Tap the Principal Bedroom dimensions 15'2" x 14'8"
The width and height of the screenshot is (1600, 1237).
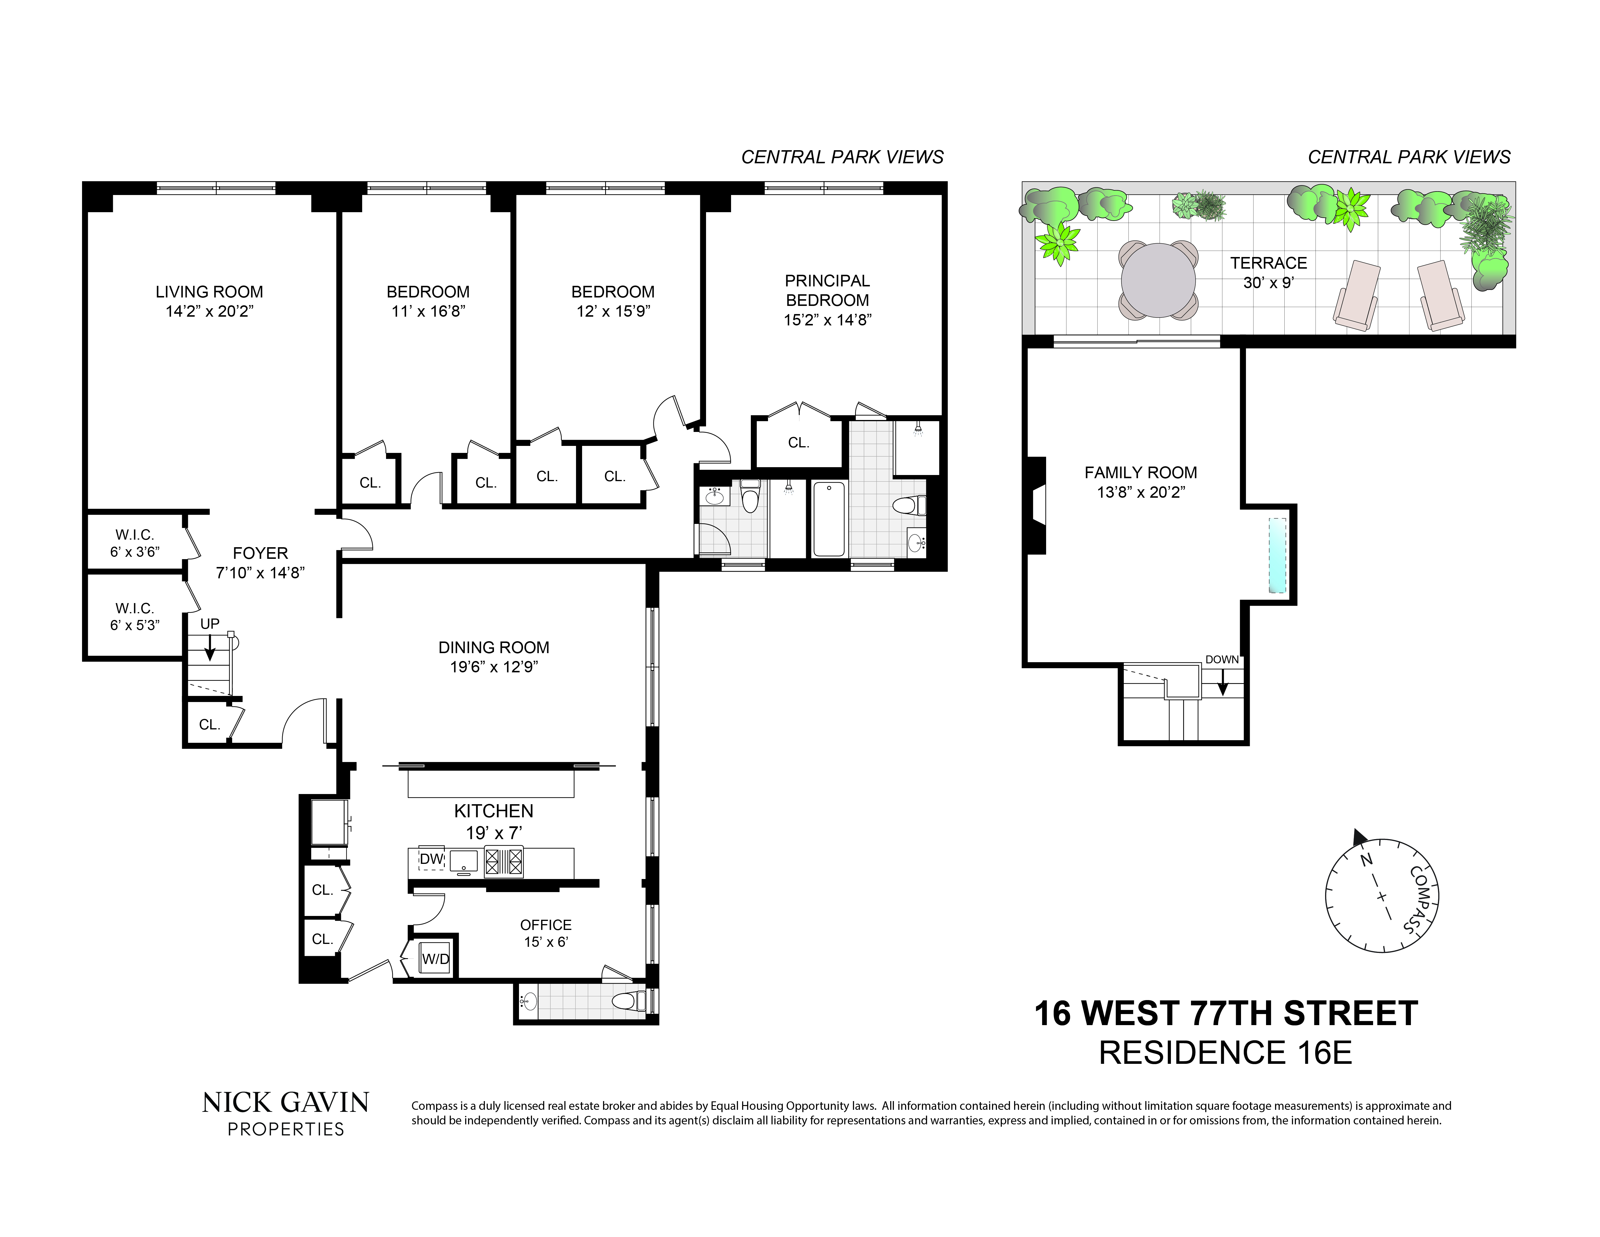tap(827, 320)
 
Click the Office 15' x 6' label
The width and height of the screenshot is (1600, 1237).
tap(546, 933)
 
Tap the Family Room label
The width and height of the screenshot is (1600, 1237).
tap(1141, 473)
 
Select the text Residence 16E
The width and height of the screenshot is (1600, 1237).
tap(1225, 1053)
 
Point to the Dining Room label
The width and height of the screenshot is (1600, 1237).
tap(494, 648)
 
